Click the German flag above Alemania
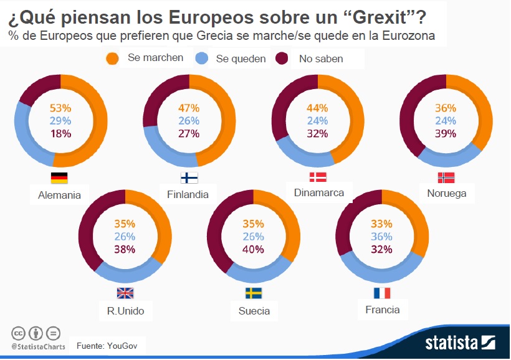click(x=59, y=178)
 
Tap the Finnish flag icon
click(x=189, y=178)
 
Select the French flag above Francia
click(x=382, y=293)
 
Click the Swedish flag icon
click(x=254, y=293)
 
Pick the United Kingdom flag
click(x=125, y=293)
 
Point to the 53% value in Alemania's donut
click(x=60, y=108)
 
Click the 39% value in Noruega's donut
click(x=446, y=133)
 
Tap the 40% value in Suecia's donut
click(x=254, y=249)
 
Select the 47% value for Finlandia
click(x=188, y=108)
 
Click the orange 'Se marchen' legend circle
click(x=113, y=59)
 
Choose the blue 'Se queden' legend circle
click(x=201, y=59)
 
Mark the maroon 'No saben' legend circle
click(x=282, y=59)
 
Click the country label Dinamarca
click(x=318, y=192)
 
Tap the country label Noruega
click(x=446, y=193)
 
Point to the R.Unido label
click(x=125, y=310)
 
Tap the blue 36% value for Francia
click(x=382, y=237)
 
